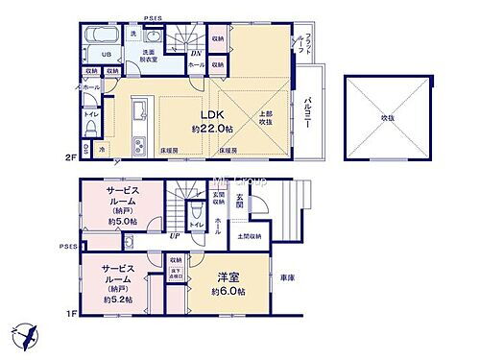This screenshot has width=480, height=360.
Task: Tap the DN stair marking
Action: [x=196, y=54]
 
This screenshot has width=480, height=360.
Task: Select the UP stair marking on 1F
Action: [x=174, y=233]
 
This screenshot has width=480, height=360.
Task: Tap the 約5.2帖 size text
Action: [x=117, y=300]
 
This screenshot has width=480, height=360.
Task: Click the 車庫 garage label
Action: [x=287, y=276]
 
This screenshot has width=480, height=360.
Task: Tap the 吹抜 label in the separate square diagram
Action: [x=388, y=117]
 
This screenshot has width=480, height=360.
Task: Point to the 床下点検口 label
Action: [x=176, y=275]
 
